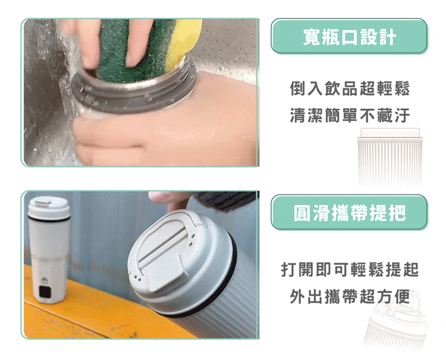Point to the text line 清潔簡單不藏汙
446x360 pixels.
click(x=350, y=115)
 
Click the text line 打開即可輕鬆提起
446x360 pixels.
click(x=350, y=270)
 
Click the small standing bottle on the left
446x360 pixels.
click(x=49, y=255)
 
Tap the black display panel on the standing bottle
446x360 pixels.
click(x=45, y=292)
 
